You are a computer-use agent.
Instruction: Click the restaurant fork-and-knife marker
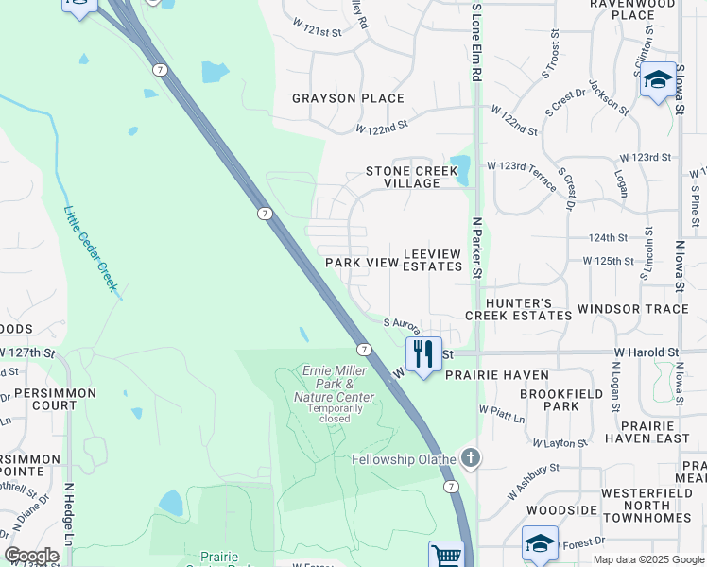point(423,354)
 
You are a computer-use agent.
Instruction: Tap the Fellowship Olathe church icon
point(471,459)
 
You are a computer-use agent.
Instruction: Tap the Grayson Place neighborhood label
point(348,98)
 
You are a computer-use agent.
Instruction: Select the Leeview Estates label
point(433,261)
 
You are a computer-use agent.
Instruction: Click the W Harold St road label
point(647,352)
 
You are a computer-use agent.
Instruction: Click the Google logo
point(32,556)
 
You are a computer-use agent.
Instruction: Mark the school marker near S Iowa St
point(657,79)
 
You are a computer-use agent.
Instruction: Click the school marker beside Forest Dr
point(540,543)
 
